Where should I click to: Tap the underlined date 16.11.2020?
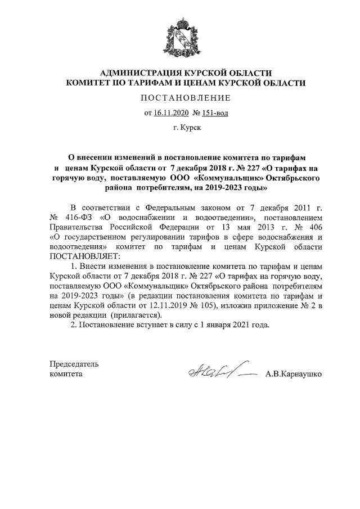(171, 112)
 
